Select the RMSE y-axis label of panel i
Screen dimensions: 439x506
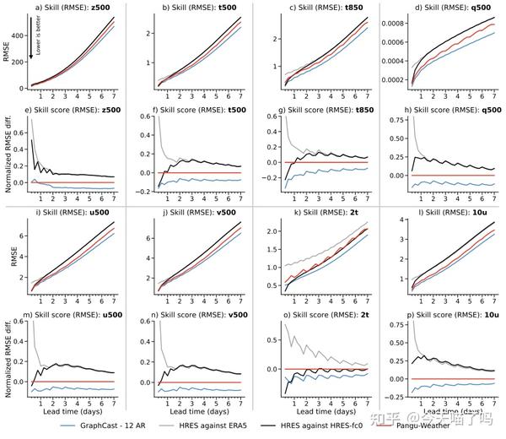8,257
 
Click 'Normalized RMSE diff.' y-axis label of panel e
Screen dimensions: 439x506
8,152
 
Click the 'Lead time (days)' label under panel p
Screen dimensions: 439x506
442,411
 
